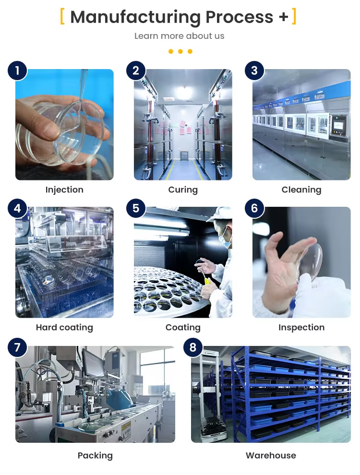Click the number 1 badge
pyautogui.click(x=17, y=71)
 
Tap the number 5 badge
pyautogui.click(x=136, y=208)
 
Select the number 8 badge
pyautogui.click(x=193, y=347)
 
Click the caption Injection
pyautogui.click(x=64, y=190)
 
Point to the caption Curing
pyautogui.click(x=183, y=190)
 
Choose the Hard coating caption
pyautogui.click(x=64, y=328)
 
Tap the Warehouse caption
pyautogui.click(x=271, y=455)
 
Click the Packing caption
pyautogui.click(x=95, y=456)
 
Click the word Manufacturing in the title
pyautogui.click(x=135, y=17)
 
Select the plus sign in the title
pyautogui.click(x=283, y=17)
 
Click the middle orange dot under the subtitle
pyautogui.click(x=180, y=51)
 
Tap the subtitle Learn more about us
pyautogui.click(x=179, y=36)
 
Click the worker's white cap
pyautogui.click(x=221, y=214)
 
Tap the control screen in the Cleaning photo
pyautogui.click(x=338, y=125)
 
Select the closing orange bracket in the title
pyautogui.click(x=294, y=16)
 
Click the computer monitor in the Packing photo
pyautogui.click(x=93, y=363)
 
